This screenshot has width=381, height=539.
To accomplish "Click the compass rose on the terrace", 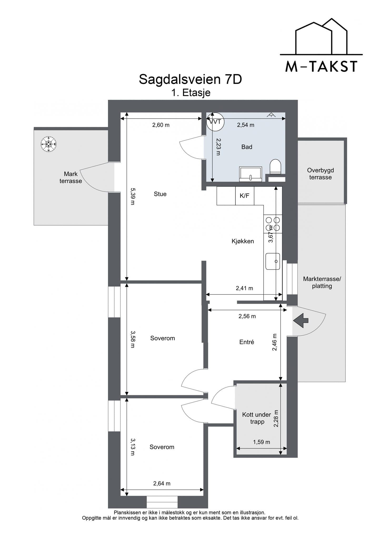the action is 49,144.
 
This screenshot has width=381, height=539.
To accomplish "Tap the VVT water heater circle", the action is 215,122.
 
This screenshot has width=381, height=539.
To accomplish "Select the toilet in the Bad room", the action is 275,167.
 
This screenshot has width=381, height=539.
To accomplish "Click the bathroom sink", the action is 250,174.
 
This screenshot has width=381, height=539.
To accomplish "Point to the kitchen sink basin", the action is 273,261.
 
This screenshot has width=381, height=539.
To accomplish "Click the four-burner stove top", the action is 273,224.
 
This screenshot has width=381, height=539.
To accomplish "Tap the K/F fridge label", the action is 244,196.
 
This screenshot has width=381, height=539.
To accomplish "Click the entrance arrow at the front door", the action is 301,321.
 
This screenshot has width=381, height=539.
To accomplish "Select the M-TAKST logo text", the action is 321,67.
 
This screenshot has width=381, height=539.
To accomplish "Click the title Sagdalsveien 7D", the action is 190,79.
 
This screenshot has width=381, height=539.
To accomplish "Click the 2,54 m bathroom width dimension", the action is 245,125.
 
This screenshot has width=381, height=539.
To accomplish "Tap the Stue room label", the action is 160,194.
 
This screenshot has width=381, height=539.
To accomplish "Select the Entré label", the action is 247,342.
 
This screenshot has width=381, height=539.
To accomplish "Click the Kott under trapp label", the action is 257,418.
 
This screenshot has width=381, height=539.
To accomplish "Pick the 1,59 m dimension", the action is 262,442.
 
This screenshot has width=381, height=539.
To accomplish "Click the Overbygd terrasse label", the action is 320,174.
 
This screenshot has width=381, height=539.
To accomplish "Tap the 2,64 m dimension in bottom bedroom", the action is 162,483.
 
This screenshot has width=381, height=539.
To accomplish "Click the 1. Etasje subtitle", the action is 191,93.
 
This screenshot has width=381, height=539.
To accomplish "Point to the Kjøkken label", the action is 243,241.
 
